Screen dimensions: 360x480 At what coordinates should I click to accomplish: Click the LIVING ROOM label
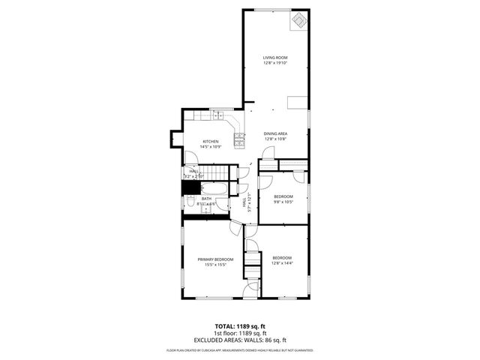click(x=275, y=57)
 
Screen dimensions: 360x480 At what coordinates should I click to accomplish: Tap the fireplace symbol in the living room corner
click(x=299, y=20)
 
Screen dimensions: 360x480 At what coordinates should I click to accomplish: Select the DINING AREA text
click(x=275, y=133)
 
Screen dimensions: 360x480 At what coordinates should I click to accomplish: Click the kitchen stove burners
click(x=240, y=139)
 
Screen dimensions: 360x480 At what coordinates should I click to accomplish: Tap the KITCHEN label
click(x=211, y=142)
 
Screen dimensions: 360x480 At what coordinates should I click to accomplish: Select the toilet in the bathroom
click(x=192, y=202)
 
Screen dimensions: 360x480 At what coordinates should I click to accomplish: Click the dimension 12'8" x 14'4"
click(x=282, y=263)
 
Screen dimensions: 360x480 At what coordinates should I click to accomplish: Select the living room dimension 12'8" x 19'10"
click(x=275, y=63)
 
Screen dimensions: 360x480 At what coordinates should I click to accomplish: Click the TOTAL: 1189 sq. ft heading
click(x=239, y=326)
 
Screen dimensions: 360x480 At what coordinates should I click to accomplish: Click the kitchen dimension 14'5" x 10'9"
click(x=211, y=147)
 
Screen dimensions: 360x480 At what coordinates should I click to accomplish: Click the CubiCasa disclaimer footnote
click(x=239, y=349)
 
